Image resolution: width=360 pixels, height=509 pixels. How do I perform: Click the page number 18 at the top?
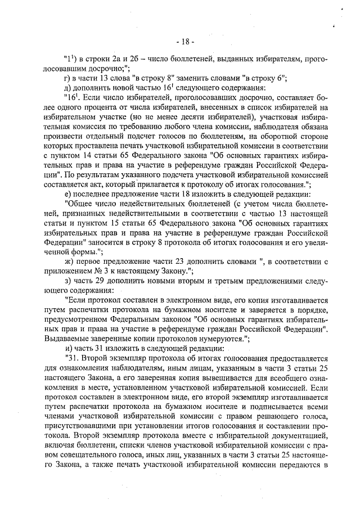click(x=183, y=42)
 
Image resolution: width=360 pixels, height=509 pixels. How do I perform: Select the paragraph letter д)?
click(x=67, y=87)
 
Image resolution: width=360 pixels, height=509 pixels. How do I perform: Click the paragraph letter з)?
click(x=67, y=280)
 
